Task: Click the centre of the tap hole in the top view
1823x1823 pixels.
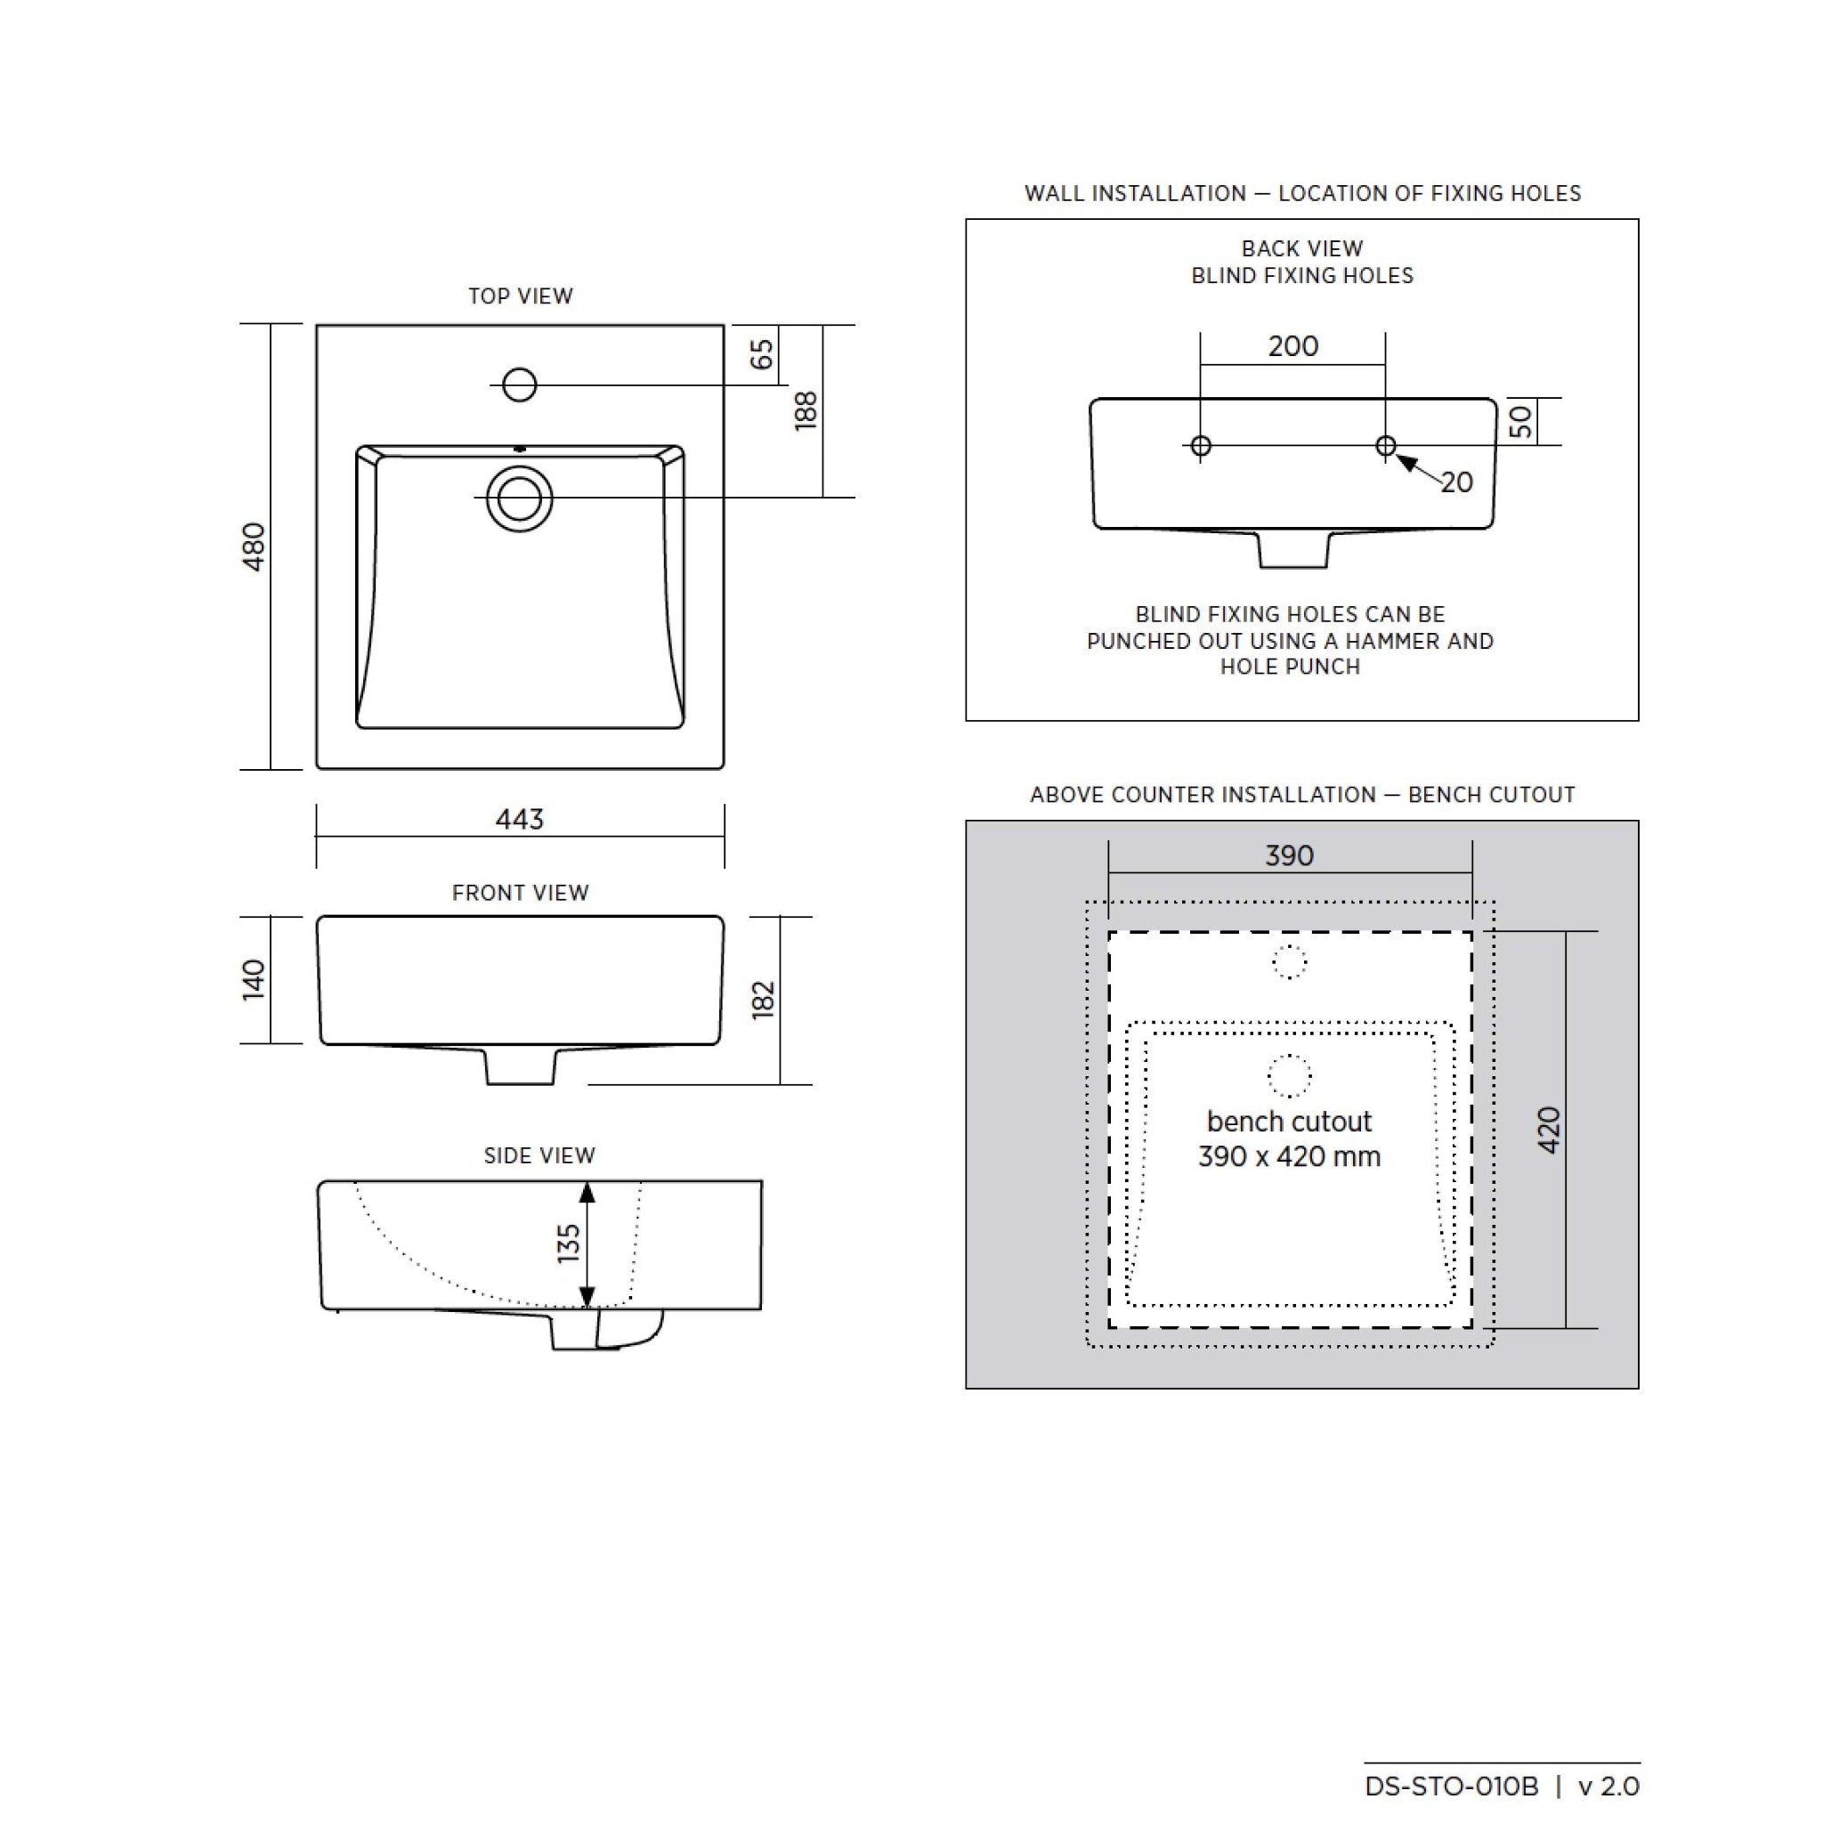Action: point(520,385)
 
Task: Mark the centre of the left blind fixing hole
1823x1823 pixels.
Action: point(1200,445)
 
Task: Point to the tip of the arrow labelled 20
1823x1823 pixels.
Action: point(1397,456)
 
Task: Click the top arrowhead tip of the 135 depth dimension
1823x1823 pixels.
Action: point(587,1182)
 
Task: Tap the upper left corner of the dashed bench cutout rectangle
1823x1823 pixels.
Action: point(1109,932)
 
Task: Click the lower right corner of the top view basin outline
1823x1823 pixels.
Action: point(724,769)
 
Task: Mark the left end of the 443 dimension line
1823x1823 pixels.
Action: point(316,836)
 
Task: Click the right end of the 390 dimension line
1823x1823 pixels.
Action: point(1472,873)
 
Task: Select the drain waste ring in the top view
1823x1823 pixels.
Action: point(520,498)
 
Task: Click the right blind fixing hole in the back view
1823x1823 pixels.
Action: point(1385,445)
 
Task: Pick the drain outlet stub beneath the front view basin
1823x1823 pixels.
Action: point(520,1066)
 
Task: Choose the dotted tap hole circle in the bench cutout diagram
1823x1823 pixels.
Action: point(1290,962)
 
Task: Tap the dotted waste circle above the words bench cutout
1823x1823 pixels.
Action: point(1290,1075)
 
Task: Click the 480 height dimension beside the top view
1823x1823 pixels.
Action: point(254,547)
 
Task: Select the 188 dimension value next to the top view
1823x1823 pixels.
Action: point(806,411)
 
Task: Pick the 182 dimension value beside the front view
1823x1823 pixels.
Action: point(764,1001)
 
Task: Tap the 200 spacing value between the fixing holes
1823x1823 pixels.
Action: point(1292,346)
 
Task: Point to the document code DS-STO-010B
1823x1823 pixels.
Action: point(1451,1787)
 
